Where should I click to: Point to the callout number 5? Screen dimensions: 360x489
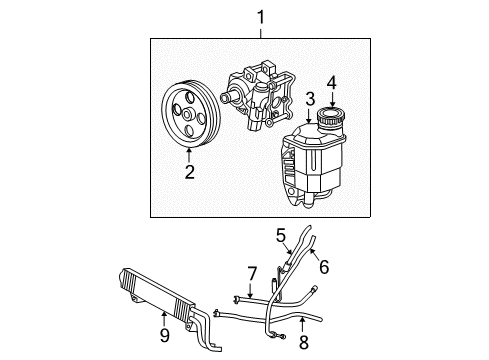[x=282, y=235]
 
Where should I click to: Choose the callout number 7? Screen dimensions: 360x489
[x=252, y=272]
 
